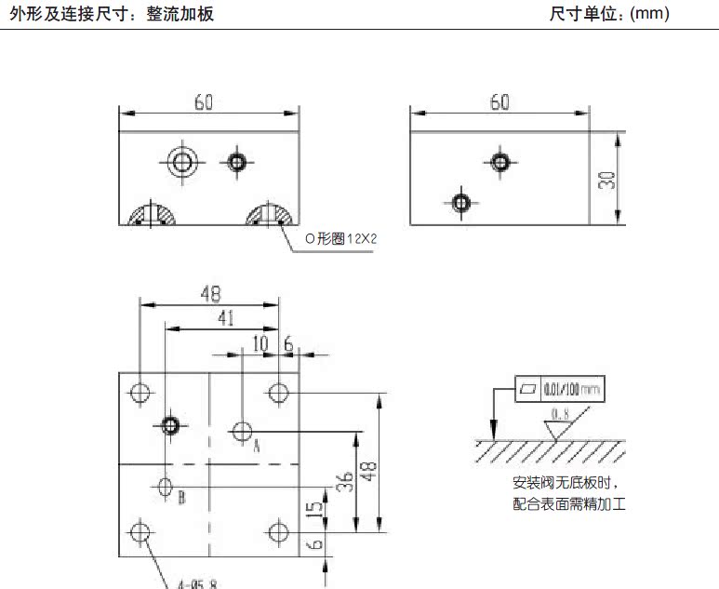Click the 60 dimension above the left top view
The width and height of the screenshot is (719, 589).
pyautogui.click(x=204, y=102)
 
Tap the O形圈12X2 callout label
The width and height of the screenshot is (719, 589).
pyautogui.click(x=342, y=238)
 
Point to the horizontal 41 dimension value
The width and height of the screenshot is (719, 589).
pyautogui.click(x=226, y=317)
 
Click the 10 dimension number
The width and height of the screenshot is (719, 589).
pyautogui.click(x=260, y=343)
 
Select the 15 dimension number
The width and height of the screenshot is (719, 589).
pyautogui.click(x=316, y=508)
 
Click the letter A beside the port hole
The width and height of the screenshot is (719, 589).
pyautogui.click(x=256, y=446)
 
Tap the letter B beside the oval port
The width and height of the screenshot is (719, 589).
pyautogui.click(x=181, y=497)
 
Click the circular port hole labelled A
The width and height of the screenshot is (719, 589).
pyautogui.click(x=243, y=431)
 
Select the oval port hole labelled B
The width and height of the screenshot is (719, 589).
pyautogui.click(x=166, y=486)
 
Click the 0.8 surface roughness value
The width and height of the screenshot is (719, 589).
pyautogui.click(x=560, y=413)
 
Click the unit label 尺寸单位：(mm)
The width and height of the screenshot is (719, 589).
pyautogui.click(x=609, y=14)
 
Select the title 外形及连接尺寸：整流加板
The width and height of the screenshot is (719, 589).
pyautogui.click(x=112, y=14)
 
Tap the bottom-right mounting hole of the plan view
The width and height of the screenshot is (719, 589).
pyautogui.click(x=278, y=532)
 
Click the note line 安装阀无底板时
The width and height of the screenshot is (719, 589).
pyautogui.click(x=565, y=483)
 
